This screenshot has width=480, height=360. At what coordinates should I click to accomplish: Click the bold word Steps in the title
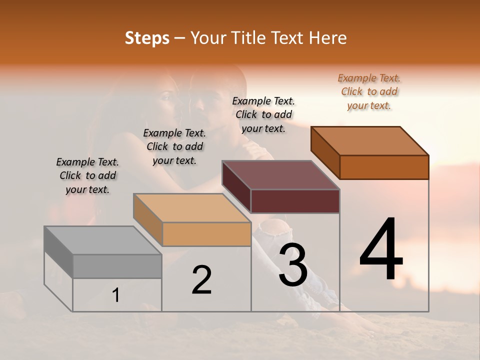(x=147, y=38)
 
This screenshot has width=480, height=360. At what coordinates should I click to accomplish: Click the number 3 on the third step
(x=293, y=264)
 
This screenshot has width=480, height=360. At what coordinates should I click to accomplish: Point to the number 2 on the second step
(x=201, y=279)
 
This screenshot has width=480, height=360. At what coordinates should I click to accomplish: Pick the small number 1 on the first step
(x=115, y=295)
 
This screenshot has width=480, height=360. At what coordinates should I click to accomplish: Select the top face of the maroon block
(x=281, y=175)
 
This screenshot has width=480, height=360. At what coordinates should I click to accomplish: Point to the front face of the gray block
(x=117, y=266)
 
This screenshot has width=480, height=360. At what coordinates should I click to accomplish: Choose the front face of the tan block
(x=206, y=234)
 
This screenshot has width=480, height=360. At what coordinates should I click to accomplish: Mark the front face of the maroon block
(x=295, y=201)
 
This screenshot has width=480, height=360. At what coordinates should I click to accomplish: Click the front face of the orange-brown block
(x=384, y=167)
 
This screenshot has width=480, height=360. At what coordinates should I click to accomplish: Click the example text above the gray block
(x=87, y=175)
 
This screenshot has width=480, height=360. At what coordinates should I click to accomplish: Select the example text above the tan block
(x=174, y=146)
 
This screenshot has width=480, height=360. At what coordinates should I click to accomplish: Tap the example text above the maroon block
(x=263, y=114)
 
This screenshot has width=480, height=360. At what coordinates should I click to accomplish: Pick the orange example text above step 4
(x=369, y=91)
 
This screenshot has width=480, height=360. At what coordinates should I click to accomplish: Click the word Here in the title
(x=328, y=38)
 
